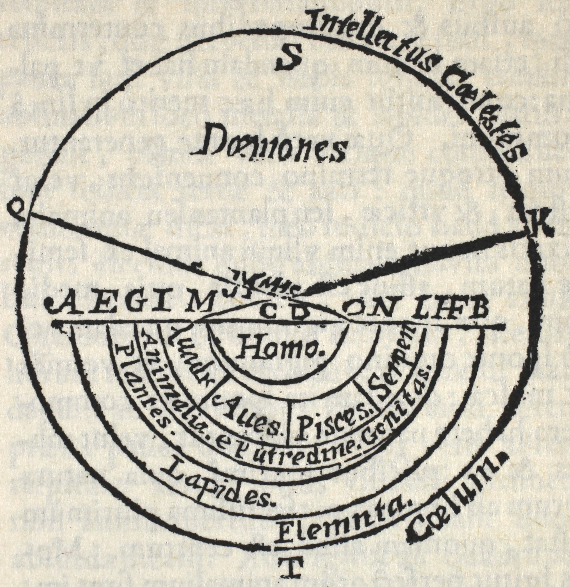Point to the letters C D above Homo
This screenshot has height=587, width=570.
[x=284, y=311]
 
